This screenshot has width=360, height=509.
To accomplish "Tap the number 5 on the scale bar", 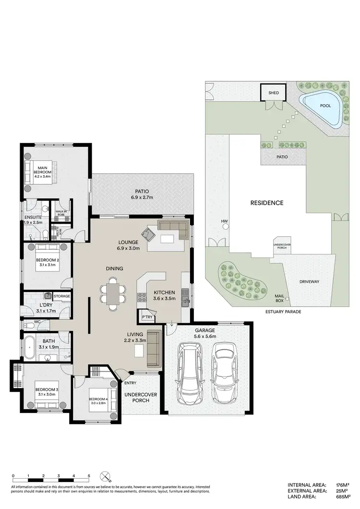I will point(89,476).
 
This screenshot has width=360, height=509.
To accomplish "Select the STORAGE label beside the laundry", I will point(62,296).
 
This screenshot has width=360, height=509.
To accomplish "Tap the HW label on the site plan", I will point(224,221).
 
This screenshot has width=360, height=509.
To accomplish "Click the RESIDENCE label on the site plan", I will point(266,203).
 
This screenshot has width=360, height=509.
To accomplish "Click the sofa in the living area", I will point(154,348).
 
